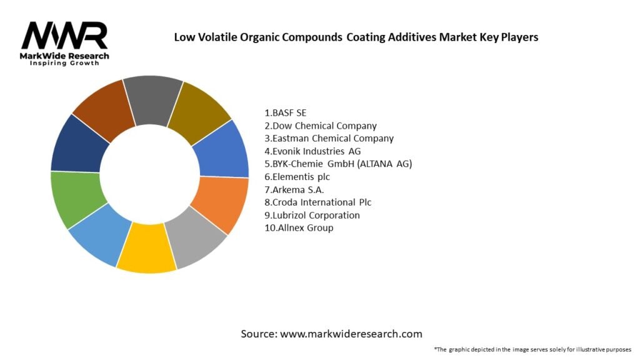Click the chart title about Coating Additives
[356, 37]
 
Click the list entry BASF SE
[286, 113]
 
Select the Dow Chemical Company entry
[321, 126]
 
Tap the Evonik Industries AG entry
[312, 151]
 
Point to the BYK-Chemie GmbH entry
[338, 164]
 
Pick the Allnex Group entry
[299, 227]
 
